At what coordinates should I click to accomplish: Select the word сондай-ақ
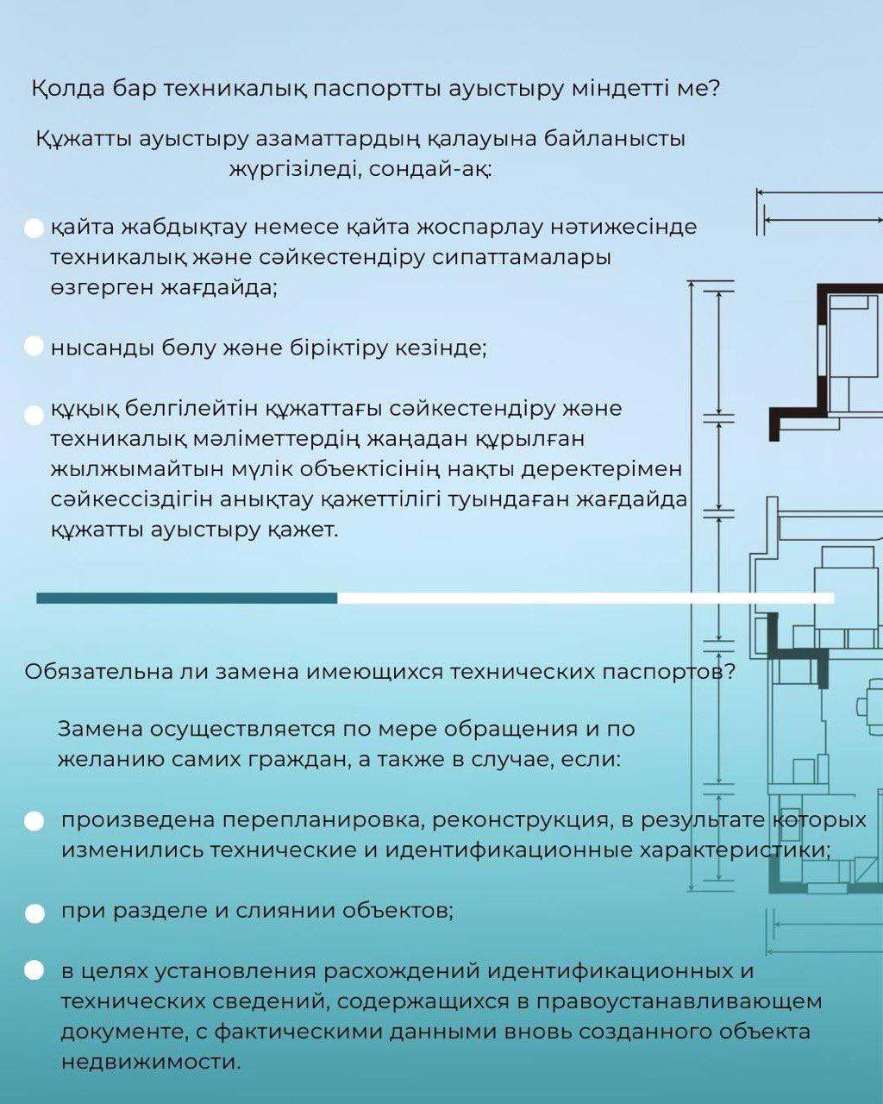(x=430, y=169)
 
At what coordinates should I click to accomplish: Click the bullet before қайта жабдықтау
(x=34, y=229)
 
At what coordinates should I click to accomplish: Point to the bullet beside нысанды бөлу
(x=34, y=346)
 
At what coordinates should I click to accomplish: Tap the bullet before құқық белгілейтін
(x=34, y=416)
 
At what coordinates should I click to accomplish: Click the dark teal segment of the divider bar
(x=187, y=599)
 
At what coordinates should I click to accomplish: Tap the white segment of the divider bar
(x=586, y=599)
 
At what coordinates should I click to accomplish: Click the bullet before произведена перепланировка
(x=34, y=821)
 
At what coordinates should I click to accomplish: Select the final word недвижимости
(x=151, y=1062)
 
